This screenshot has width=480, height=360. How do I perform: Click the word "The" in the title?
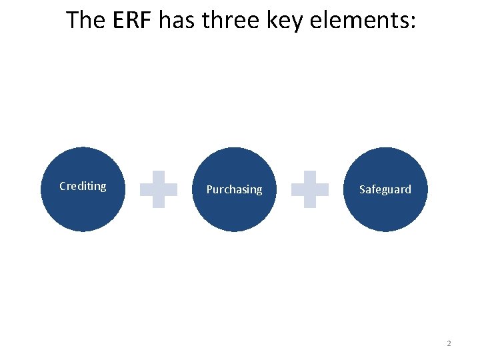(84, 20)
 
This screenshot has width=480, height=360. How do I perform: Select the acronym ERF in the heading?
(134, 20)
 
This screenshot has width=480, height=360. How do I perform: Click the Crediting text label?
(83, 186)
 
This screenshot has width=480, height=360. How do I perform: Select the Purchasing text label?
(234, 189)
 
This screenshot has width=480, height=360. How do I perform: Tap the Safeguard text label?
(385, 189)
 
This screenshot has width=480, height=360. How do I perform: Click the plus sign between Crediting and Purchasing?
(159, 189)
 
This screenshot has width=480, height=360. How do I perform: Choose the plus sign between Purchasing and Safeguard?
(310, 189)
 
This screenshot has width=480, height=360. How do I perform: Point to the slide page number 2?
(449, 343)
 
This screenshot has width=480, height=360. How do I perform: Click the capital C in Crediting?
(63, 186)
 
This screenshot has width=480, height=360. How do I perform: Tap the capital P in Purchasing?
(209, 189)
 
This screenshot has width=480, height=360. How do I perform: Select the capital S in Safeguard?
(363, 189)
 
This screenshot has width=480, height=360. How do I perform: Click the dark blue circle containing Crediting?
(83, 207)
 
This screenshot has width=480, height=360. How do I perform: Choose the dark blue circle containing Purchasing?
(234, 210)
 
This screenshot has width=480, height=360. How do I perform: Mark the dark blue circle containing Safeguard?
(385, 210)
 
